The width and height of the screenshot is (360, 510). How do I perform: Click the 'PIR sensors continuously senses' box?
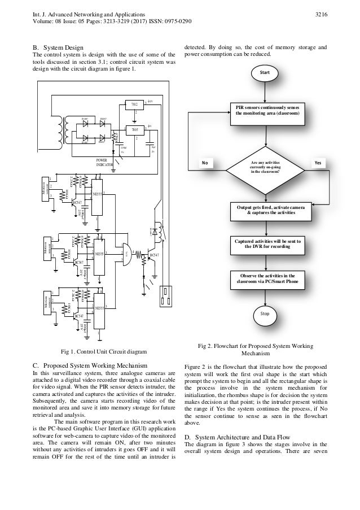point(264,110)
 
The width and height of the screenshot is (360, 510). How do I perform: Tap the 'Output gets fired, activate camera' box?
point(264,211)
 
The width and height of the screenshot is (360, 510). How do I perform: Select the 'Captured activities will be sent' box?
point(264,244)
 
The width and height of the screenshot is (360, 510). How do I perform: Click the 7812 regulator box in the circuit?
point(134,106)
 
